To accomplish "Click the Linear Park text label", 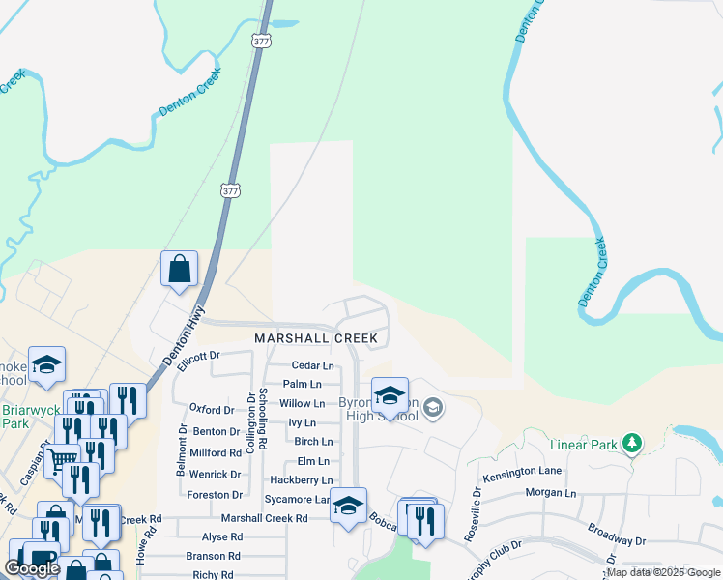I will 583,446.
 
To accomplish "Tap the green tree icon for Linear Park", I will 632,444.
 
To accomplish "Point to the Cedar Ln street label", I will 312,366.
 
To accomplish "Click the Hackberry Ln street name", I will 301,480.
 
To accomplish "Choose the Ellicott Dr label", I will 199,356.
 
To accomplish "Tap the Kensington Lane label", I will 523,471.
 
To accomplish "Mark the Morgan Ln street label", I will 550,493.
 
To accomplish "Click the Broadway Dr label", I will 615,536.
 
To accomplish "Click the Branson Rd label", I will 214,556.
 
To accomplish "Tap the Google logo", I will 32,568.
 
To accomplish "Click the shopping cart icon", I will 61,459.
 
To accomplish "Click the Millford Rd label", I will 216,452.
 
